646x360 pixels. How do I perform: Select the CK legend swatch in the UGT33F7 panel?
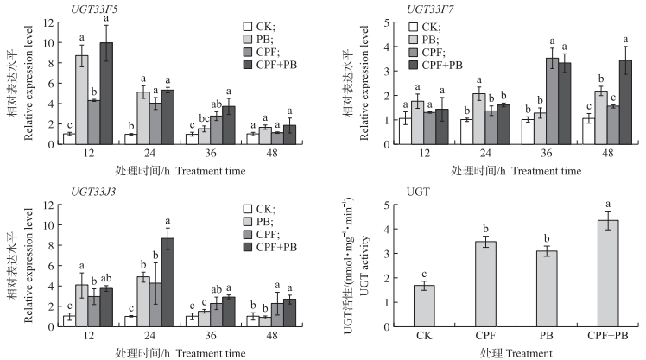tap(416, 26)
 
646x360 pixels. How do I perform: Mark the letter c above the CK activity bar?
tap(423, 275)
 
